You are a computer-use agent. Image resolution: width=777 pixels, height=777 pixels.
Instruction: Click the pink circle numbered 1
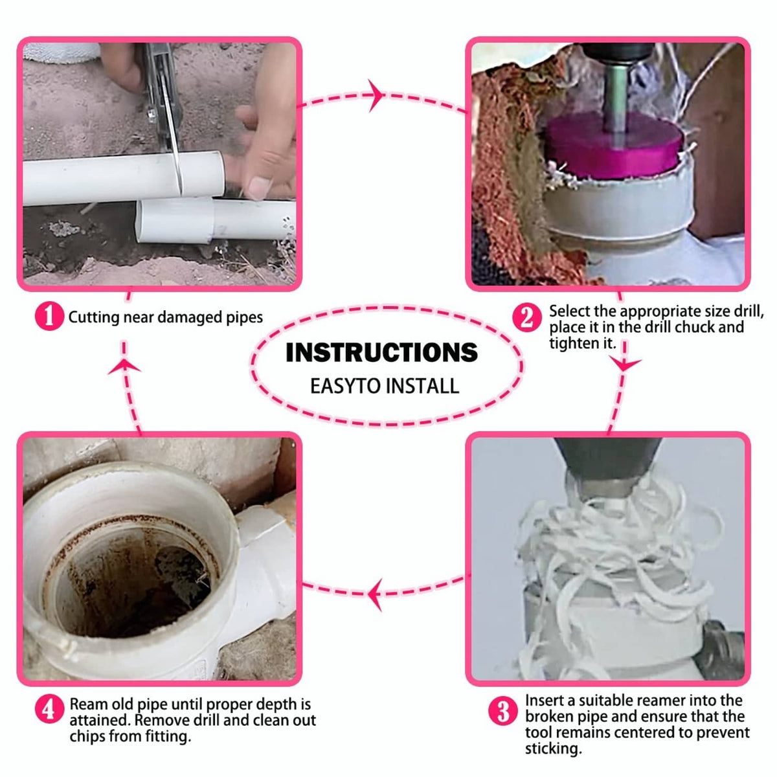(50, 317)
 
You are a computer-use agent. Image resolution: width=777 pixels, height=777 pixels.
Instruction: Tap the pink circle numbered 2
(527, 319)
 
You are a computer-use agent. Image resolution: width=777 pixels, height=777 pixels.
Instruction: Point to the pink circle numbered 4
(50, 709)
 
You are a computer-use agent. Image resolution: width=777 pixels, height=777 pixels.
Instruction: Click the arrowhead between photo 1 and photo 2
(376, 96)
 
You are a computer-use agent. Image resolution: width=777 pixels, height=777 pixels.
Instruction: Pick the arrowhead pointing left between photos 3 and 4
(375, 594)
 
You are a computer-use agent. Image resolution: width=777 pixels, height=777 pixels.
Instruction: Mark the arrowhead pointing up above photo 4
(124, 365)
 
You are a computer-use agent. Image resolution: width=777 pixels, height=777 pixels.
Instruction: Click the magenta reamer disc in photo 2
(613, 146)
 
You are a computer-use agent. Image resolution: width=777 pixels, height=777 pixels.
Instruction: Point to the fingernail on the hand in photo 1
(258, 188)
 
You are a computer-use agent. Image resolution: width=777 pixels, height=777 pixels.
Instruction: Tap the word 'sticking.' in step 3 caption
(554, 749)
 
